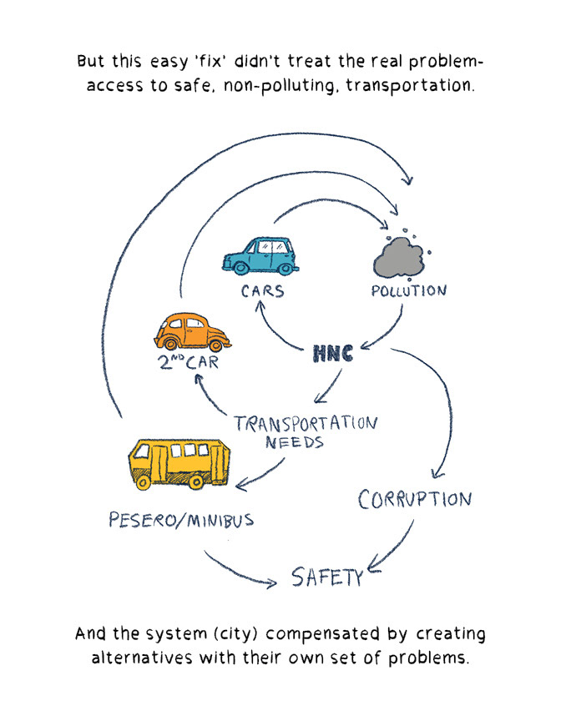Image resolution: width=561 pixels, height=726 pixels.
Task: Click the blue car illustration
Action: coord(261,255)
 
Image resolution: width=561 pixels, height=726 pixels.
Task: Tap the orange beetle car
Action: coord(190,333)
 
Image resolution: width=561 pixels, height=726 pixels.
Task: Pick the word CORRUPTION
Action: coord(415,499)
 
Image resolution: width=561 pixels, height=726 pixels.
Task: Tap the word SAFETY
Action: coord(326,576)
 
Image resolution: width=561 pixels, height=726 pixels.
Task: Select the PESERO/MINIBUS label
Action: coord(181,520)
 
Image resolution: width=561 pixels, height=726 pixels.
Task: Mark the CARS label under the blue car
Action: coord(263,291)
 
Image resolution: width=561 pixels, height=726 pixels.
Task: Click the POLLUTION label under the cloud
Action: coord(408,291)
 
